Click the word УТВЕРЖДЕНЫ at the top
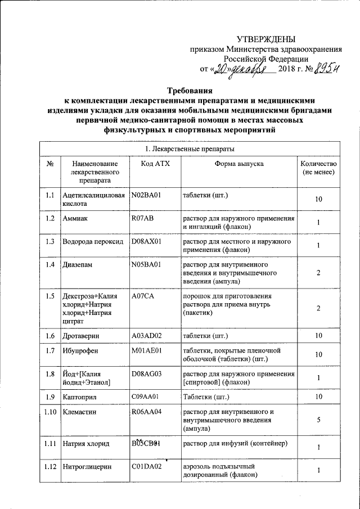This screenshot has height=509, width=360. coord(265,39)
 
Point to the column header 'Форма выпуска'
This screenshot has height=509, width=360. coord(238,164)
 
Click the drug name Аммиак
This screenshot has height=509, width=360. coord(75,217)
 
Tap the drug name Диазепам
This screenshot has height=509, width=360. coord(77,264)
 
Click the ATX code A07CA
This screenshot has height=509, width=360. coord(142,296)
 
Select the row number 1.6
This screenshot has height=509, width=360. coord(49,336)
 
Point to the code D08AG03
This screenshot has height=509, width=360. coord(147,373)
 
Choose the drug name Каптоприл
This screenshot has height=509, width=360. coord(80,397)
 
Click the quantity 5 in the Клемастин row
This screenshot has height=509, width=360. coord(318,420)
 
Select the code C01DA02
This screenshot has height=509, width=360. coord(147,466)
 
